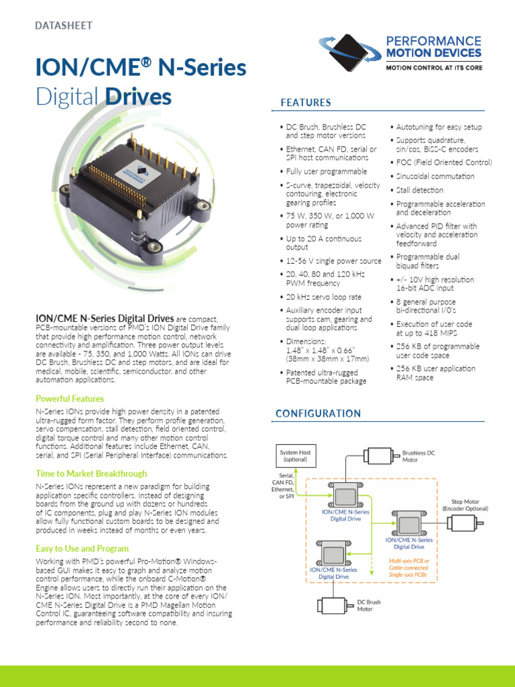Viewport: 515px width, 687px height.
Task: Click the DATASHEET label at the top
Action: (x=64, y=25)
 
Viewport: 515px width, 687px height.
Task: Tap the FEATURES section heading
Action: (x=306, y=103)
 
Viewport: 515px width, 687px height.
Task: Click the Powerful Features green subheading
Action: (x=69, y=399)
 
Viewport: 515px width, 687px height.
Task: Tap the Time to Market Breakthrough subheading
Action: (x=91, y=474)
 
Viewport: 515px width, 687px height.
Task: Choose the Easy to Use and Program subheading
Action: (x=82, y=548)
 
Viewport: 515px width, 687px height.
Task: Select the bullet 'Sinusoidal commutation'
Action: (x=435, y=176)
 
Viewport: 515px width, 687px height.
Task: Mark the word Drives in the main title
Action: (x=139, y=97)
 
